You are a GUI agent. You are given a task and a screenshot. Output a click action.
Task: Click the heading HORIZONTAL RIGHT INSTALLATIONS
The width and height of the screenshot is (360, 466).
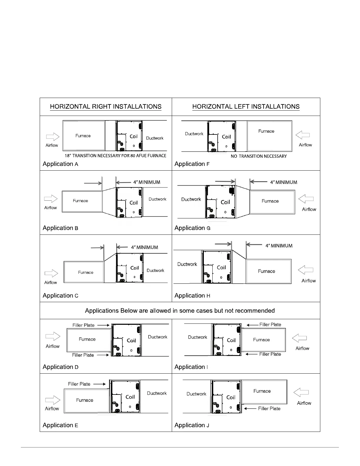tap(106, 106)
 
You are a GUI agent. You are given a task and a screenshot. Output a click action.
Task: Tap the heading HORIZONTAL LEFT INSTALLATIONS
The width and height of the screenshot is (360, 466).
tap(246, 106)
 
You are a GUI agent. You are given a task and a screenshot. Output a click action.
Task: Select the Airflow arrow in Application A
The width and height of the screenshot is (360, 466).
tap(53, 137)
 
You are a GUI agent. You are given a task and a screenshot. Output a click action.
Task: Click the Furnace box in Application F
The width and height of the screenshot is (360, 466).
tap(269, 136)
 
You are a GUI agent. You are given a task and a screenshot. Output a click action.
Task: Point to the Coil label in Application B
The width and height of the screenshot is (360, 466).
tap(134, 203)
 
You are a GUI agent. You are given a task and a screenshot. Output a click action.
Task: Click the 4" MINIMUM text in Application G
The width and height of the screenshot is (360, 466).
tap(284, 182)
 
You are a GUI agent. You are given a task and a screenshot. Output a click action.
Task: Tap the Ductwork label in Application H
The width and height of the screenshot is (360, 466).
tap(187, 264)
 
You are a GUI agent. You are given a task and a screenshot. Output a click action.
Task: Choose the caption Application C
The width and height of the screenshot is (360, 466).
tap(61, 296)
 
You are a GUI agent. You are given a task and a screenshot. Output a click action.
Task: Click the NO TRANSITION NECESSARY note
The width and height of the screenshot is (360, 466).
tap(259, 156)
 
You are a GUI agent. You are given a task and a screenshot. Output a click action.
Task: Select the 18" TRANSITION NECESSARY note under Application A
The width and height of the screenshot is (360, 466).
tap(116, 156)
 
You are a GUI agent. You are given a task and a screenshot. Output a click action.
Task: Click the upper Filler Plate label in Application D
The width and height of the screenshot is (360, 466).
tap(84, 325)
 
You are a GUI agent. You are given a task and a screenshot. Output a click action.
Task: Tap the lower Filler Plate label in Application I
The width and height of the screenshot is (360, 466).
tap(270, 354)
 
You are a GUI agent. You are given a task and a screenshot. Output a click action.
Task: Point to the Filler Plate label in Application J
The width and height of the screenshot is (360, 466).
tap(269, 408)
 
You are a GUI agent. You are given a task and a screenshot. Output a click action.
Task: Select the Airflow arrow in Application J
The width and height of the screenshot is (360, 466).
tap(301, 392)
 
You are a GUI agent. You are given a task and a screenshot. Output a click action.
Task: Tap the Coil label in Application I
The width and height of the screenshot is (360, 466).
tap(231, 340)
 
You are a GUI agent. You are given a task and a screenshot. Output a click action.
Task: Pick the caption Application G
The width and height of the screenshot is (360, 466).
tap(192, 228)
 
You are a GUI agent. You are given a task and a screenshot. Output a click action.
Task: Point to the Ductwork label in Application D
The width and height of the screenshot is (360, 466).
tap(157, 337)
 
